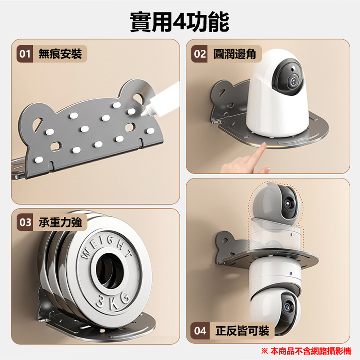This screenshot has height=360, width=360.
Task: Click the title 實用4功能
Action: (x=180, y=22)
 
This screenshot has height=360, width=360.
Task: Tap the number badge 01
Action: (x=24, y=54)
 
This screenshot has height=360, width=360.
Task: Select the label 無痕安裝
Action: (x=60, y=54)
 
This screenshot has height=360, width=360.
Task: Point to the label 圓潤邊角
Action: (x=234, y=54)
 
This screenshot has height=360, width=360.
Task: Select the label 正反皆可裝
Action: (x=242, y=330)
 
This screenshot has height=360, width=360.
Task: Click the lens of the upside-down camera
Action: (x=286, y=306)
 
